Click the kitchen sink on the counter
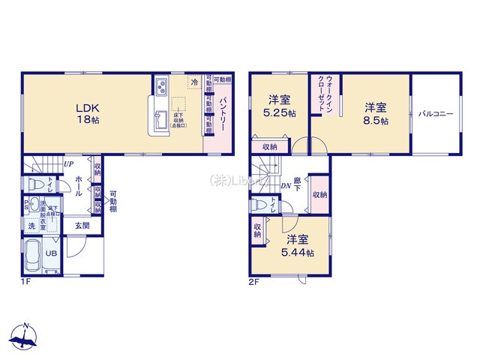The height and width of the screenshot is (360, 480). (x=161, y=118)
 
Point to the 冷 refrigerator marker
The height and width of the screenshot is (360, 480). (x=194, y=82)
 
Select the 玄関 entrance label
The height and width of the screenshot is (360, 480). (x=82, y=224)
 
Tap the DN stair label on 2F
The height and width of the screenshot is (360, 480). (x=286, y=186)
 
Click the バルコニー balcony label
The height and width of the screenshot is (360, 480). (x=436, y=112)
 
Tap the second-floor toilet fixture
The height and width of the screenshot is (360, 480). (x=259, y=204)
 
